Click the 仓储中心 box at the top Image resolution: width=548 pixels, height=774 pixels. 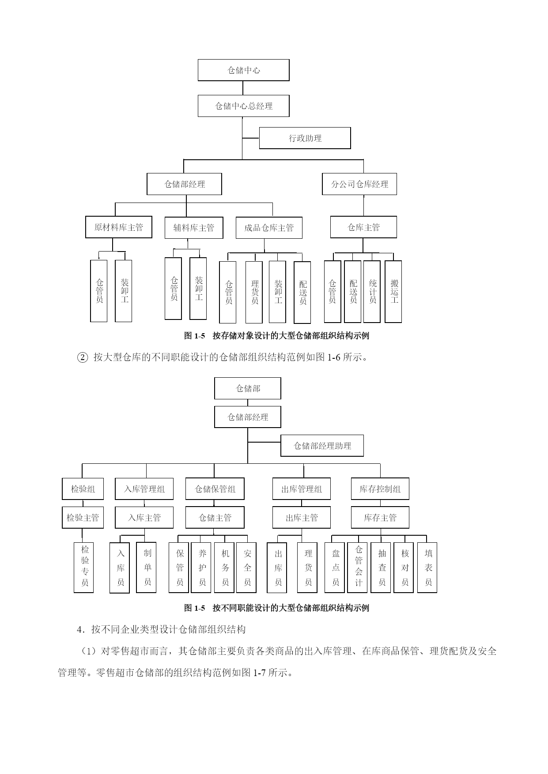243,70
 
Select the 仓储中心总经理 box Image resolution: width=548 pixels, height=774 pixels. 243,106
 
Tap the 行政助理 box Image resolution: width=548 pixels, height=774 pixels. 305,138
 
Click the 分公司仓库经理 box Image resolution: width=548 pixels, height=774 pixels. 359,184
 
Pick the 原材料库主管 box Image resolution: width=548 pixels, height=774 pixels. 119,227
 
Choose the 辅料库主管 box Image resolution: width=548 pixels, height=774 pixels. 193,228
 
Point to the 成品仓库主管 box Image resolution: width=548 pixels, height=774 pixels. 269,228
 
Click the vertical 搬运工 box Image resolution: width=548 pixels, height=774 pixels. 393,292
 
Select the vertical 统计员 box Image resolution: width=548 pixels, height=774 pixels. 372,292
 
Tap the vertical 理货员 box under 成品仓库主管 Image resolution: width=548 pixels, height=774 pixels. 254,292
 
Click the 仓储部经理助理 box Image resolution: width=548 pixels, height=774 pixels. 322,446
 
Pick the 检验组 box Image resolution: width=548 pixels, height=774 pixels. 83,489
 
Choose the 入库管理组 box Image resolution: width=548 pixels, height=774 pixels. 144,489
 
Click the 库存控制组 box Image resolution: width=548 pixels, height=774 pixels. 380,489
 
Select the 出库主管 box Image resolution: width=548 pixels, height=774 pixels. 302,518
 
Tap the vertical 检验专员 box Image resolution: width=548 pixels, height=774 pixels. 84,567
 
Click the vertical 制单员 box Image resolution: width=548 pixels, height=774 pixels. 147,567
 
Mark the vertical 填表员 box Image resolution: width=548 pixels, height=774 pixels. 427,567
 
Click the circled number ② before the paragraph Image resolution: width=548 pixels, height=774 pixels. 83,357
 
